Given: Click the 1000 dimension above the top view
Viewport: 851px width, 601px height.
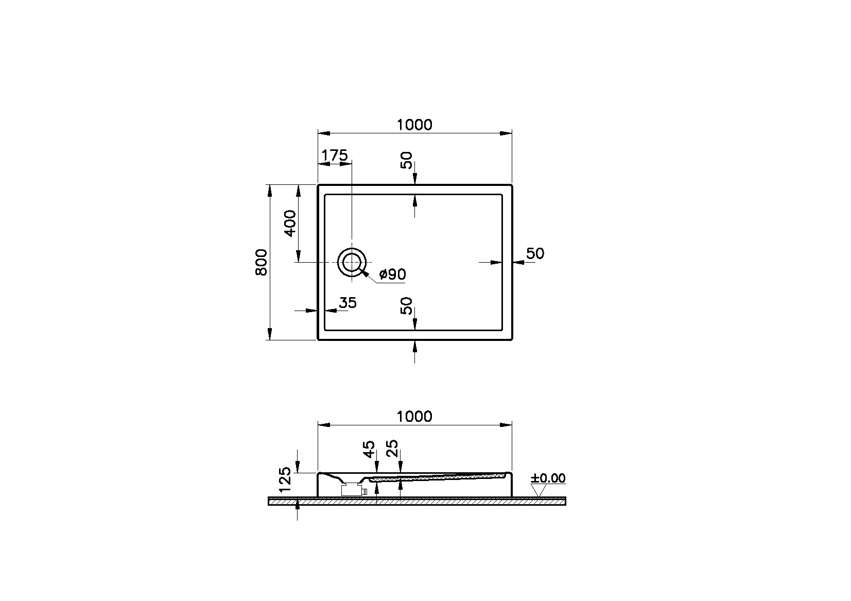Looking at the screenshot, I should point(414,125).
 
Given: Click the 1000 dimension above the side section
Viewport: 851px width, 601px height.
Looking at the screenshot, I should point(414,416).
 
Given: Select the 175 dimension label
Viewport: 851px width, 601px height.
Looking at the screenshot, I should point(335,155).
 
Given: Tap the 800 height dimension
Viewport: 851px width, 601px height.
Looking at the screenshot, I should point(262,262).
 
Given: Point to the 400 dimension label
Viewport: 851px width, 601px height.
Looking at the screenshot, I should point(290,223).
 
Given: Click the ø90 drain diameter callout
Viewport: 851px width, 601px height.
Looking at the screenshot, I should point(392,274).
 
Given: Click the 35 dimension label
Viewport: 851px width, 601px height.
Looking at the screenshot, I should point(348,303).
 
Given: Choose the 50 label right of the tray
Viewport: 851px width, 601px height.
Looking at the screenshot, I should point(535,253).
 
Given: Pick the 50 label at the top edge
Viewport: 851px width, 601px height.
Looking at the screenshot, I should point(407,160).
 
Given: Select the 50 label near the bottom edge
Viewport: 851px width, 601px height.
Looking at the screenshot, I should point(407,306).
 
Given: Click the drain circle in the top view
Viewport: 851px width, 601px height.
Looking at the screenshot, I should point(352,263).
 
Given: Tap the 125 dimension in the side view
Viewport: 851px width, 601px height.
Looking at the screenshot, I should point(286,479).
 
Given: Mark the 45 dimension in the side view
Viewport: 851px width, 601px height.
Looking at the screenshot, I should point(369,449).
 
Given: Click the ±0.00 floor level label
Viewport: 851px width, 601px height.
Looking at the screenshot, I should point(548,478).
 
